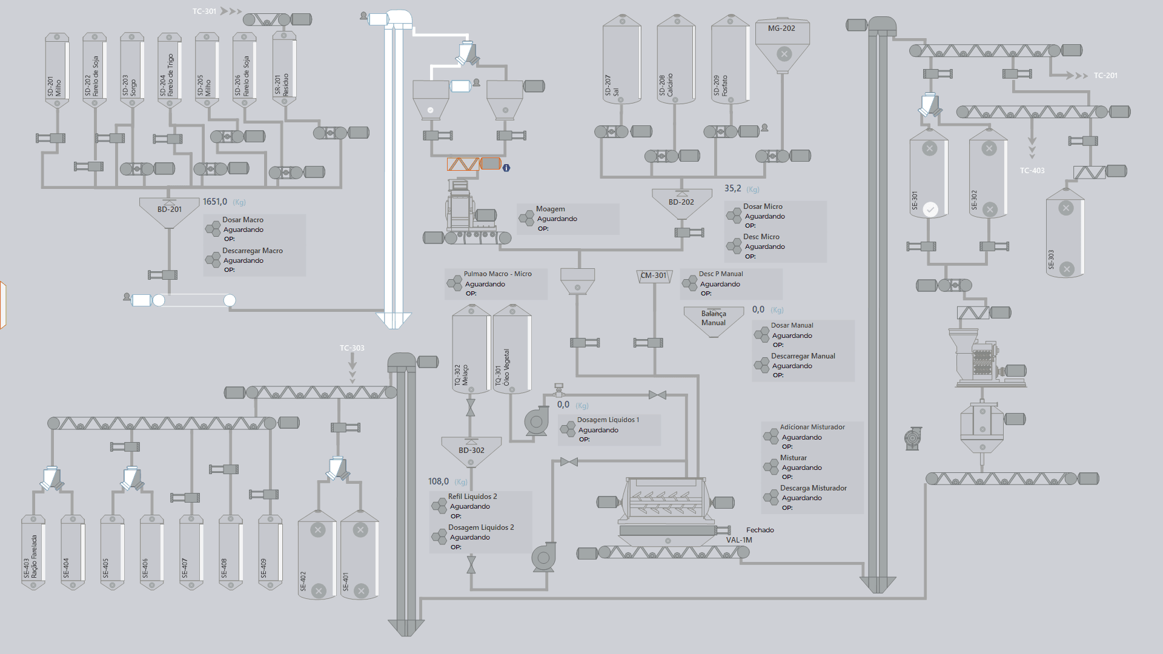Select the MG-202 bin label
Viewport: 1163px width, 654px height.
coord(781,28)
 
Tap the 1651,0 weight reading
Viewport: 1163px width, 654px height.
coord(215,202)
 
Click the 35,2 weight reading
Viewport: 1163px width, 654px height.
coord(732,188)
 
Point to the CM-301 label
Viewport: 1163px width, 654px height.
coord(654,276)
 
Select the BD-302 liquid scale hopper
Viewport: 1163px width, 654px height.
coord(471,452)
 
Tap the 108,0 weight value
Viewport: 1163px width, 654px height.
coord(439,481)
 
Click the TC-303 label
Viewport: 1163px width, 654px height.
coord(352,348)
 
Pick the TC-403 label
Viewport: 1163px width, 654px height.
coord(1032,171)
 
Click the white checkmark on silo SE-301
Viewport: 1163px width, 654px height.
coord(930,210)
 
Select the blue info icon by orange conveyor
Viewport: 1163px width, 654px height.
coord(506,168)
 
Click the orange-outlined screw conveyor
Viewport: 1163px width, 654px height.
coord(474,164)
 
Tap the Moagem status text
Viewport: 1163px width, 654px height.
coord(557,219)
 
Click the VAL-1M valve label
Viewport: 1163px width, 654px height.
coord(739,540)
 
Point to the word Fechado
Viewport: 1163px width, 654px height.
coord(760,530)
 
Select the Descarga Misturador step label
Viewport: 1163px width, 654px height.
coord(813,488)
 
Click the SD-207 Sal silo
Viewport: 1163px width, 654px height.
coord(621,60)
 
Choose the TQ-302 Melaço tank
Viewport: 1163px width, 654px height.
coord(471,349)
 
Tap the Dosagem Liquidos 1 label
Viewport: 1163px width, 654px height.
coord(608,420)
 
